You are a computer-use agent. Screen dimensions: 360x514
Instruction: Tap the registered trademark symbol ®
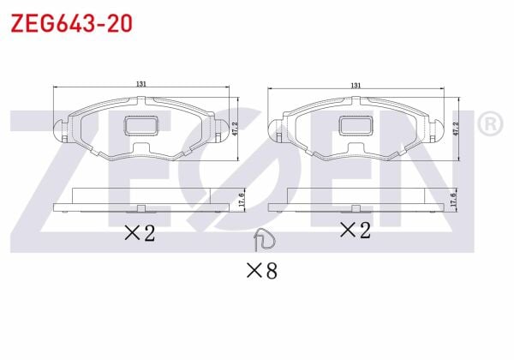pos(489,124)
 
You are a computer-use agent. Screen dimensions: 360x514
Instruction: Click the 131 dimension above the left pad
pos(141,84)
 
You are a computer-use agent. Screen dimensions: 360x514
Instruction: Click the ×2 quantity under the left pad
pos(139,232)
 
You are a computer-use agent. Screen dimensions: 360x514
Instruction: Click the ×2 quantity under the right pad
pos(353,230)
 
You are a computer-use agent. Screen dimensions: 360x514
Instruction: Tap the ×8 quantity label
pos(261,272)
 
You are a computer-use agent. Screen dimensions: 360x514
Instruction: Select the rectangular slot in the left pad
pos(141,125)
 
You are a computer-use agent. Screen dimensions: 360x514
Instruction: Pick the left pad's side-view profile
pos(141,201)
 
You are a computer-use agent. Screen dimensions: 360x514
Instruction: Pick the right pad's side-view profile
pos(355,201)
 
